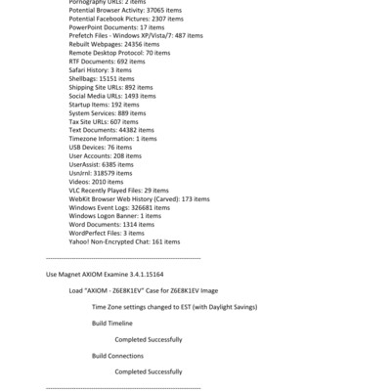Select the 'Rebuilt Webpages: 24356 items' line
[112, 44]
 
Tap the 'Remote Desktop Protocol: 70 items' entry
[119, 53]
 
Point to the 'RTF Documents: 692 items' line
[103, 62]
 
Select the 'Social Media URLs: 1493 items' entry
[112, 96]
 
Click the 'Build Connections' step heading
[117, 355]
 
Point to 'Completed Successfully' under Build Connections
[149, 371]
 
